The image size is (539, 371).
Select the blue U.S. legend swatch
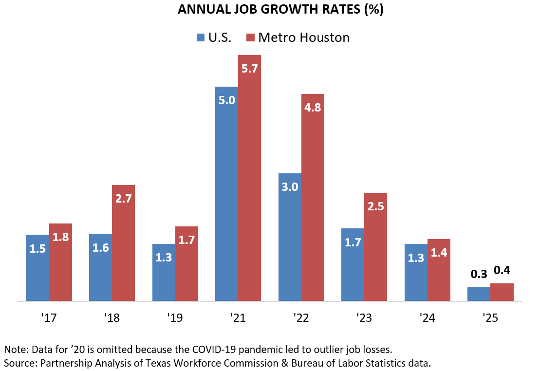(200, 37)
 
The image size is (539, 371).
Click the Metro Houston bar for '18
(123, 243)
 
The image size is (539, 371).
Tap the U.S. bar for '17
(37, 268)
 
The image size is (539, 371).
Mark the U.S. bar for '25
(479, 294)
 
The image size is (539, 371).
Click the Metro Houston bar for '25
(502, 292)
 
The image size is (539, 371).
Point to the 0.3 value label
(479, 274)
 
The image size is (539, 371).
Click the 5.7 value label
(249, 69)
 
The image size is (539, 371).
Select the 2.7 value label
(123, 199)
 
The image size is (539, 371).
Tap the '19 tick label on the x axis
(174, 318)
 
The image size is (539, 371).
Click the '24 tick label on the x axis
(427, 318)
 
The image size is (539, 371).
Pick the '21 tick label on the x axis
(238, 318)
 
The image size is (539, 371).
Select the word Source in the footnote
(19, 362)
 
